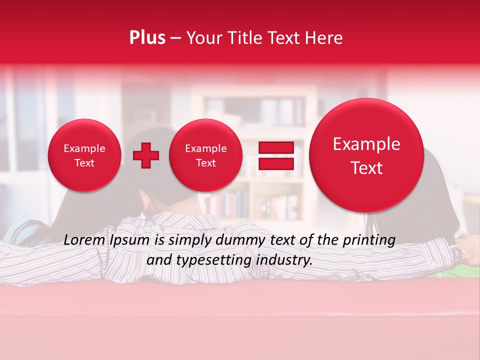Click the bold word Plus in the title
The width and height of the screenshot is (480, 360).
(147, 37)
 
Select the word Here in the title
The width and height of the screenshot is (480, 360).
(324, 37)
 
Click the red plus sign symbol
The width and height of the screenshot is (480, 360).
(145, 155)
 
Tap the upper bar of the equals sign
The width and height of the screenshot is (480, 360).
(275, 147)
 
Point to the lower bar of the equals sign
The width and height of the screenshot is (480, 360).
(275, 163)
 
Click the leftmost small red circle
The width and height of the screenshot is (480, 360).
(84, 155)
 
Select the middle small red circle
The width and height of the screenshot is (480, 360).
(205, 155)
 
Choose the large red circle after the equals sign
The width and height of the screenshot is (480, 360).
(366, 155)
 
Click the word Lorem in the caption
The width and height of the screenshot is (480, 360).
(84, 240)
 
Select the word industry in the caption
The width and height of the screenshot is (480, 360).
(284, 260)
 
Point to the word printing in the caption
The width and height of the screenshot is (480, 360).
(369, 240)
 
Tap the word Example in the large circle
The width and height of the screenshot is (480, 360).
(366, 144)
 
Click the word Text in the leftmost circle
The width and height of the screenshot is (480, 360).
(84, 163)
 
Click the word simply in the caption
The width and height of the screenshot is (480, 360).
(191, 240)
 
